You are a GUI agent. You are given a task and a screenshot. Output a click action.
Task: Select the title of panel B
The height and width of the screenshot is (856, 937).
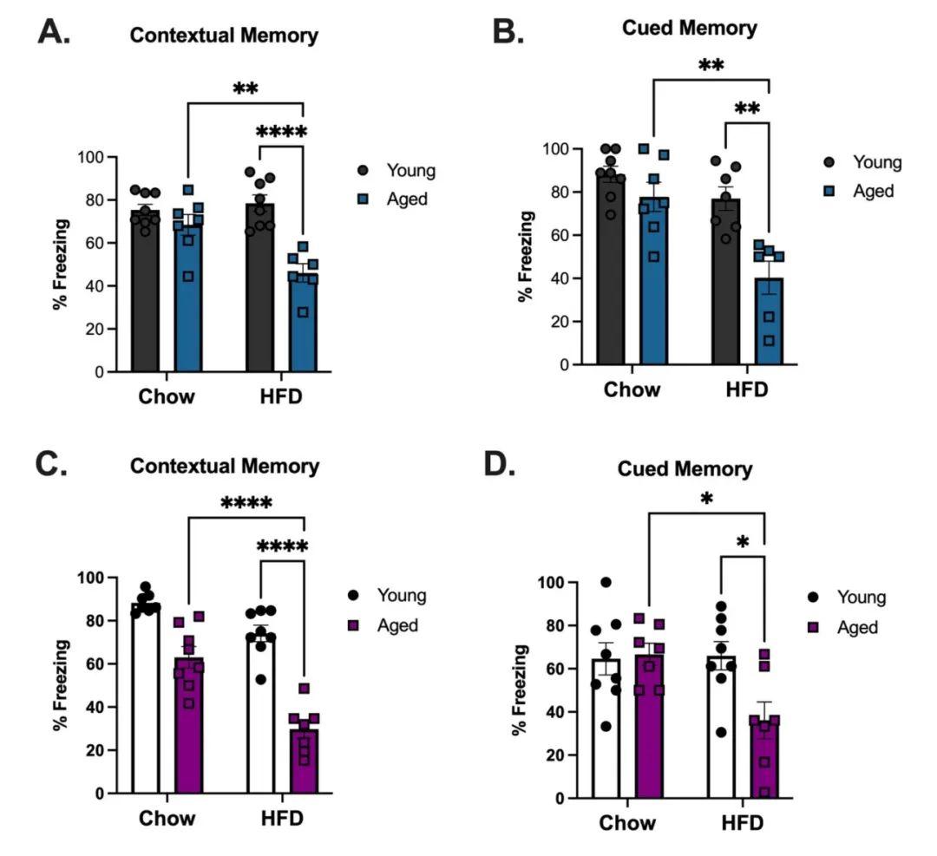pyautogui.click(x=689, y=28)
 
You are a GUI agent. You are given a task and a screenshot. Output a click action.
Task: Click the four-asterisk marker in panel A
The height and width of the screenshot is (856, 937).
pyautogui.click(x=282, y=132)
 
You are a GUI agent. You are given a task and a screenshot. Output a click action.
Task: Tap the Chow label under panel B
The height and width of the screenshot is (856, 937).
pyautogui.click(x=631, y=389)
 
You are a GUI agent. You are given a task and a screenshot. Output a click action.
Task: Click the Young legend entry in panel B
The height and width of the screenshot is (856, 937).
pyautogui.click(x=862, y=162)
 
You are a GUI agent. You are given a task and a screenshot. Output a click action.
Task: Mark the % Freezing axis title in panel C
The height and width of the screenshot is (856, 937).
pyautogui.click(x=61, y=685)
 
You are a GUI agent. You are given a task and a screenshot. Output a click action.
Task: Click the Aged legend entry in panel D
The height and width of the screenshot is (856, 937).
pyautogui.click(x=846, y=626)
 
